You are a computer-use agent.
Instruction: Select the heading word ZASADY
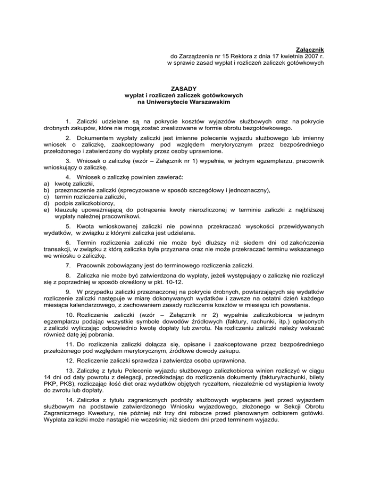(x=184, y=88)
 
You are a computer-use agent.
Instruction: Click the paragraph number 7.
(x=69, y=265)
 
